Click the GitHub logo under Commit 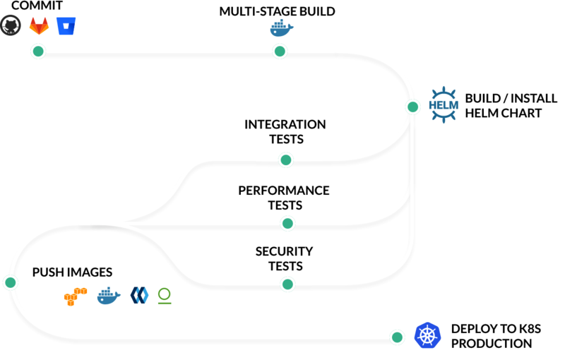tap(11, 28)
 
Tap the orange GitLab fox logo tap(39, 28)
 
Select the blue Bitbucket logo tap(67, 28)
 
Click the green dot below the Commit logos tap(38, 52)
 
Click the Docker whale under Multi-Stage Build tap(281, 29)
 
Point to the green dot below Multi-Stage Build tap(280, 52)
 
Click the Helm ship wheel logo tap(444, 105)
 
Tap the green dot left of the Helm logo tap(413, 107)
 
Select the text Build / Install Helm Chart tap(503, 105)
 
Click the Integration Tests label tap(285, 131)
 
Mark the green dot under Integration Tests tap(286, 160)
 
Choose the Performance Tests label tap(284, 198)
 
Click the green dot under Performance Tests tap(287, 224)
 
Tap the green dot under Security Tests tap(287, 284)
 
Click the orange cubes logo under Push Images tap(76, 296)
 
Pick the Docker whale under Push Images tap(109, 296)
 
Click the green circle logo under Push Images tap(165, 296)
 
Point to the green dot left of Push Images tap(11, 283)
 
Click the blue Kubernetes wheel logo tap(428, 336)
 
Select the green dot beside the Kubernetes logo tap(398, 337)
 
